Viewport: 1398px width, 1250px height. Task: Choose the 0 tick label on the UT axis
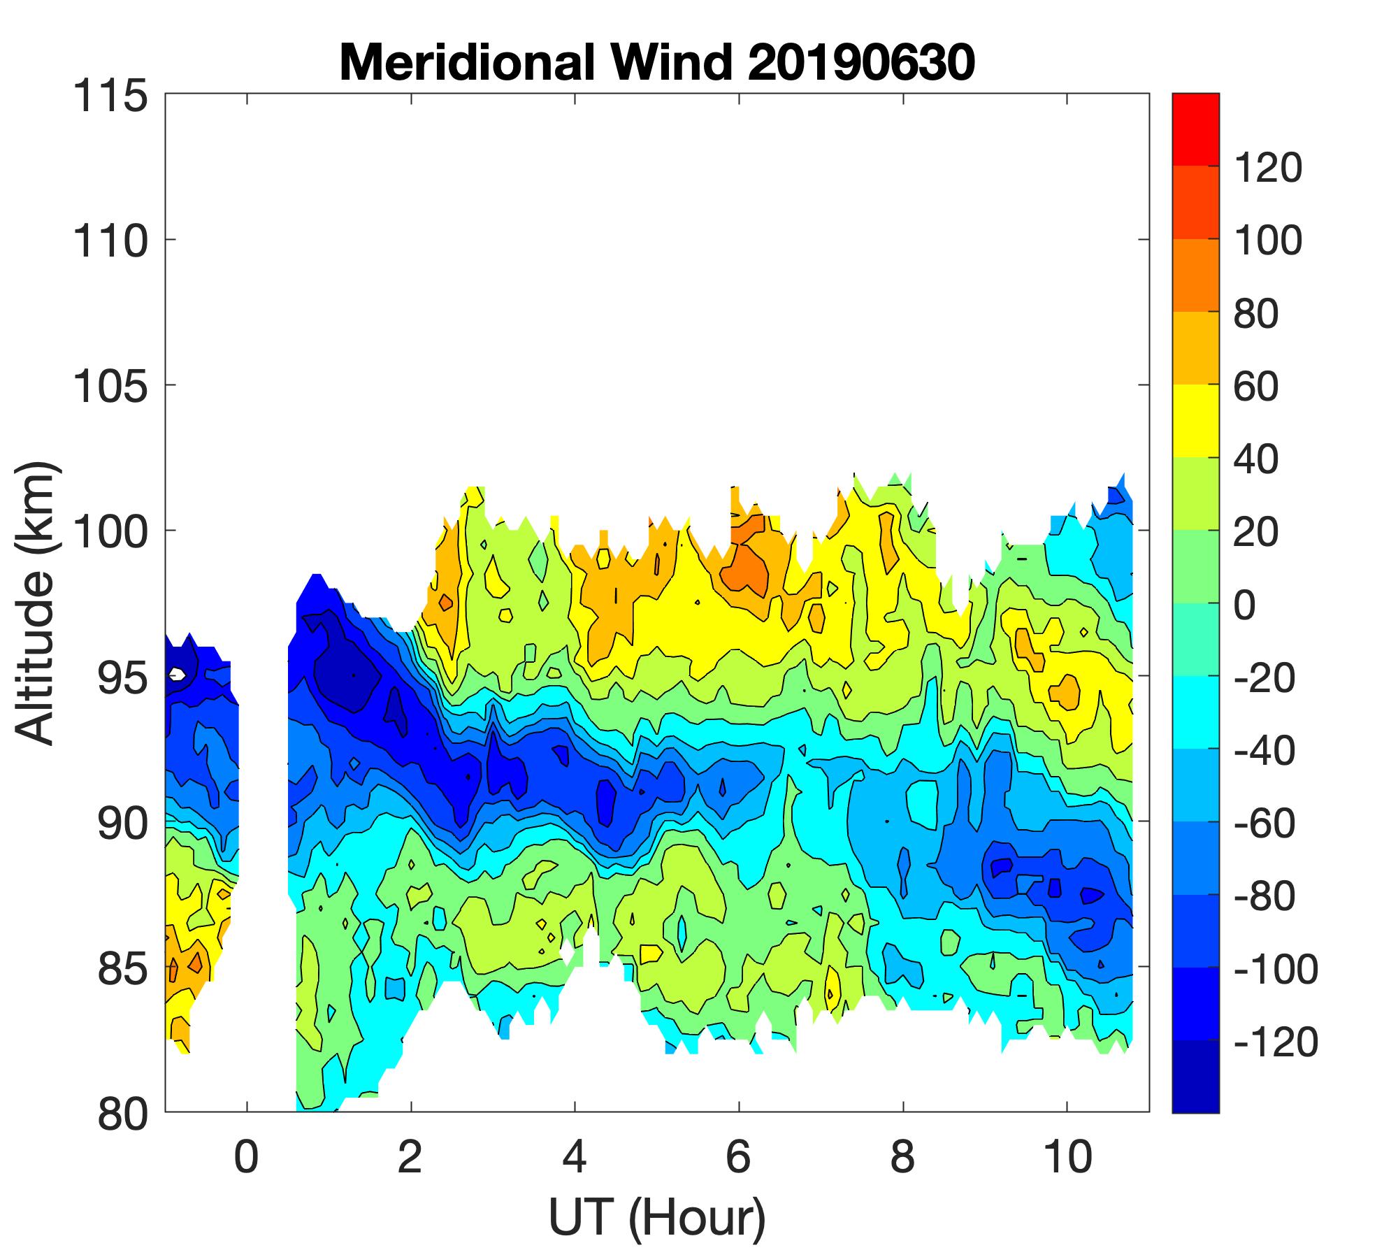coord(247,1156)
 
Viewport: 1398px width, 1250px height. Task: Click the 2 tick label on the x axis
coord(410,1156)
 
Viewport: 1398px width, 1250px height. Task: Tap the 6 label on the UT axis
coord(739,1156)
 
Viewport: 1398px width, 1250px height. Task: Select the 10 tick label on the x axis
coord(1067,1156)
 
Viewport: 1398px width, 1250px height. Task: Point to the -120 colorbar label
coord(1276,1042)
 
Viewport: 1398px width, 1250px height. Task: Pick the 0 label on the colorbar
coord(1245,605)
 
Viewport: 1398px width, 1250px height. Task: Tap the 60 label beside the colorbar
coord(1256,386)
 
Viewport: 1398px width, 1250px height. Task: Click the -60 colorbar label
coord(1265,824)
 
